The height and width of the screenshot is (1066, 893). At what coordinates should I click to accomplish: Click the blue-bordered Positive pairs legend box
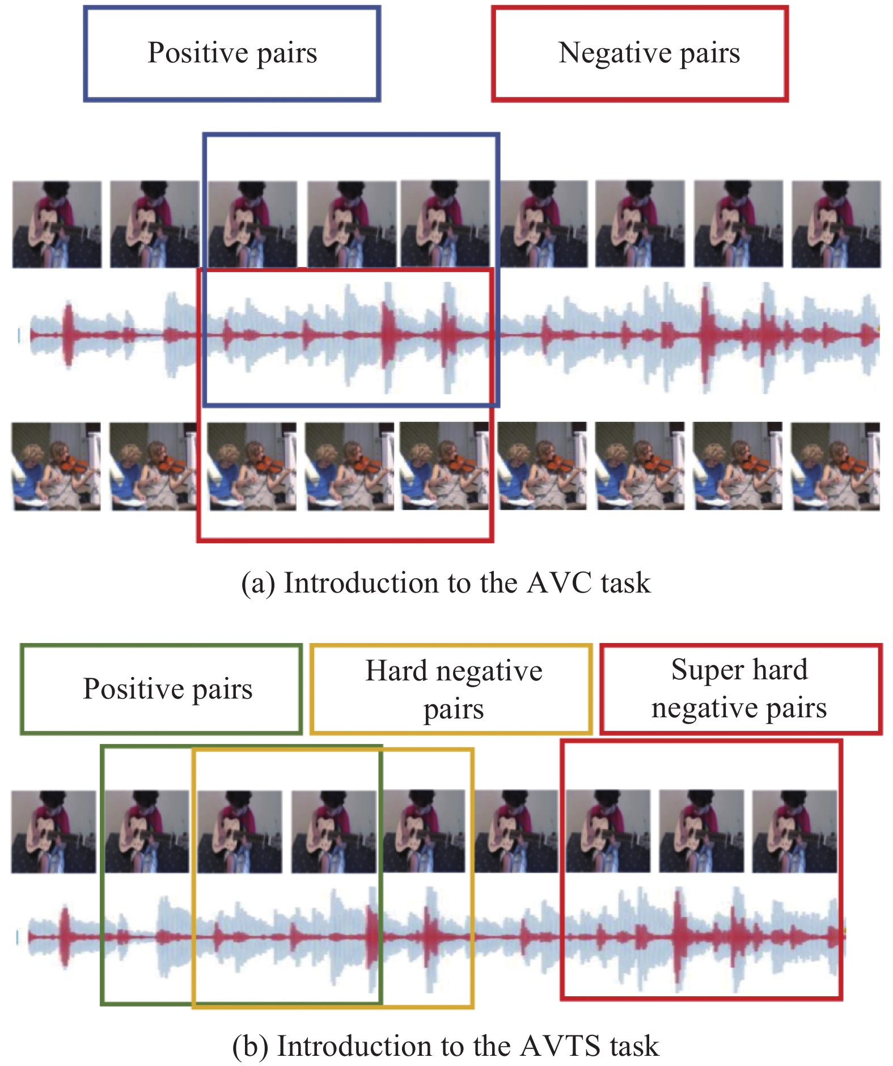[x=232, y=54]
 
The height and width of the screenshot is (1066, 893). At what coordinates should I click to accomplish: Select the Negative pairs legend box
[x=640, y=54]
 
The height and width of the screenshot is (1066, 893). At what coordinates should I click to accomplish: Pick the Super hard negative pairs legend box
[x=740, y=689]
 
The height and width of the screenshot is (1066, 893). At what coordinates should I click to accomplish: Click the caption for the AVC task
[x=446, y=583]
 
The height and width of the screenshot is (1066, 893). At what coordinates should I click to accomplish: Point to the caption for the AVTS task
[x=446, y=1046]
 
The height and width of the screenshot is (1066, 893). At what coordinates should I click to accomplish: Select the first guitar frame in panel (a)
[x=57, y=225]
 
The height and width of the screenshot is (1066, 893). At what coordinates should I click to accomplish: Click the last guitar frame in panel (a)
[x=836, y=225]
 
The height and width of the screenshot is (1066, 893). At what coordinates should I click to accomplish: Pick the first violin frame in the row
[x=56, y=466]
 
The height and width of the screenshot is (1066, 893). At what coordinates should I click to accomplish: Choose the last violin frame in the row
[x=836, y=466]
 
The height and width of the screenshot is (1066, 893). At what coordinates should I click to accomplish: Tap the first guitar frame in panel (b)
[x=54, y=832]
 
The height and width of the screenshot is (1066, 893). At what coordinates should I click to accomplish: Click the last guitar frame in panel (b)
[x=794, y=832]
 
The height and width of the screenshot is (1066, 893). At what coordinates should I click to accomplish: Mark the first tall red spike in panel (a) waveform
[x=69, y=335]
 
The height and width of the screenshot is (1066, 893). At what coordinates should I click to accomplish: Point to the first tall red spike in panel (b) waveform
[x=65, y=937]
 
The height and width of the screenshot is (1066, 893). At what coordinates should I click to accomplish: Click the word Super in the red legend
[x=700, y=670]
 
